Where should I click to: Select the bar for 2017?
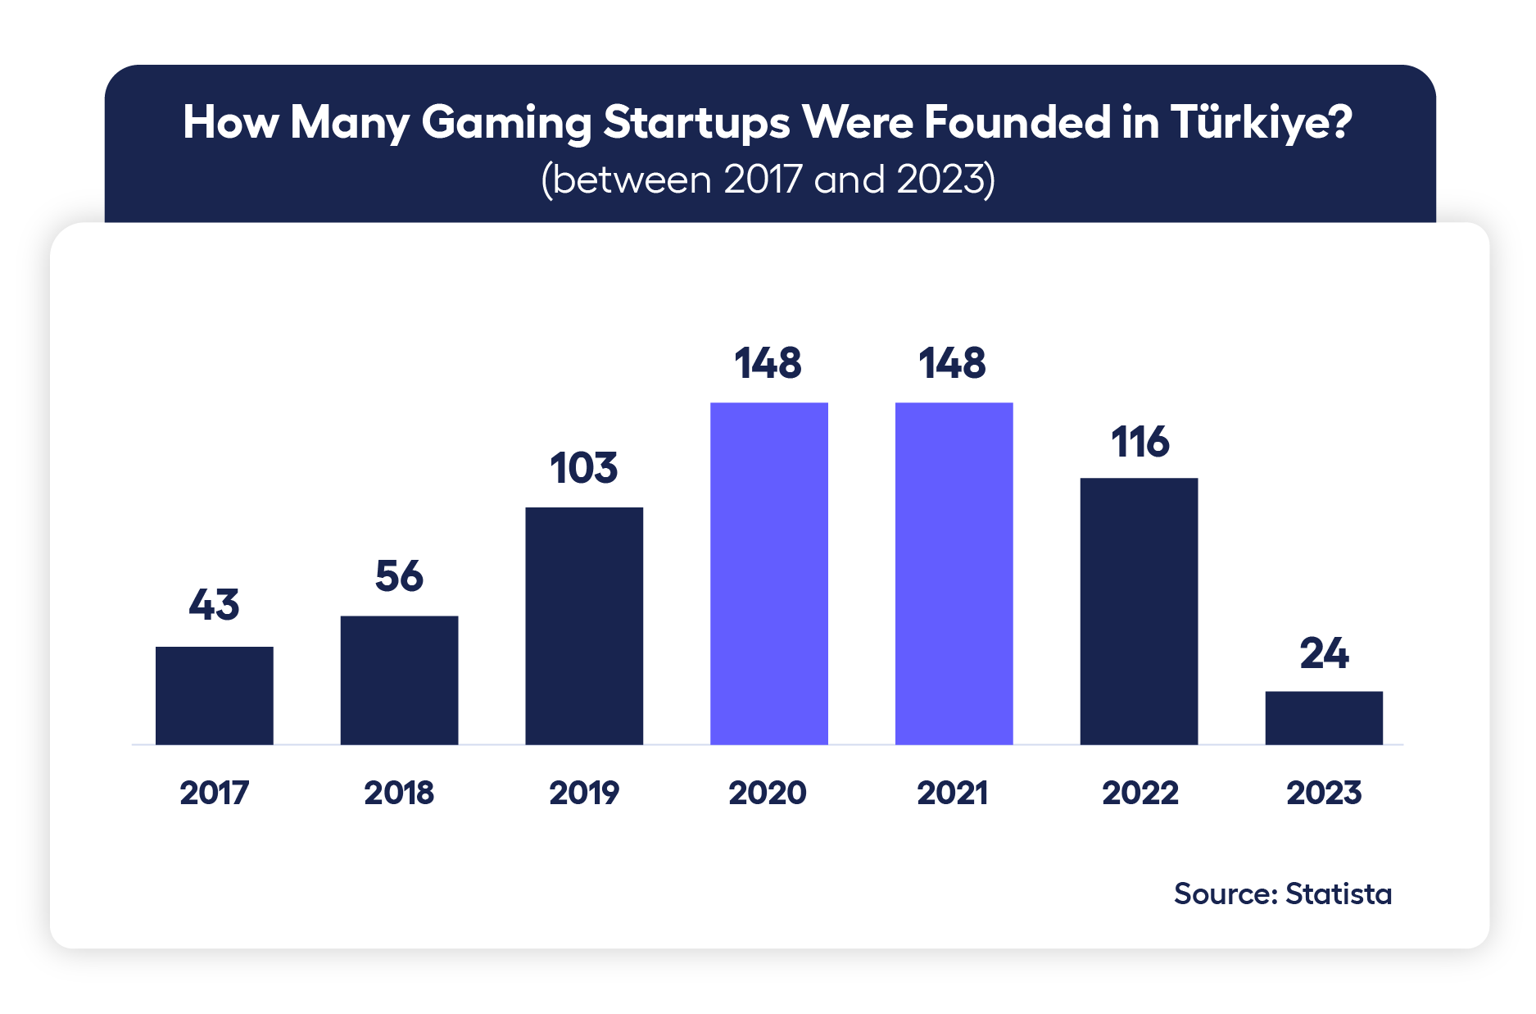(214, 695)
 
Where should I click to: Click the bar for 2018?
(399, 680)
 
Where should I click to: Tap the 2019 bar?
(584, 625)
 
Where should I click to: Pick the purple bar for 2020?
(768, 573)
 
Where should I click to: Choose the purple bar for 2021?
(954, 573)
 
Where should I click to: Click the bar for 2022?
(1139, 611)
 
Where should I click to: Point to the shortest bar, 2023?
(1324, 717)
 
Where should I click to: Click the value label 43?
(214, 605)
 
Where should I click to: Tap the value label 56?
(399, 575)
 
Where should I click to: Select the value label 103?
(583, 468)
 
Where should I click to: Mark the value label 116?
(1140, 443)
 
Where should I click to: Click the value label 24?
(1324, 653)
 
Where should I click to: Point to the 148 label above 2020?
(768, 363)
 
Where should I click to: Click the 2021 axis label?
(953, 793)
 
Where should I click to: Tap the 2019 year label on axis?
(584, 793)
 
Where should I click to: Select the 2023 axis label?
(1324, 793)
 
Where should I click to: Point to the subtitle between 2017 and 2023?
(768, 179)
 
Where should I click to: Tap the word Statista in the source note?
(1339, 894)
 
